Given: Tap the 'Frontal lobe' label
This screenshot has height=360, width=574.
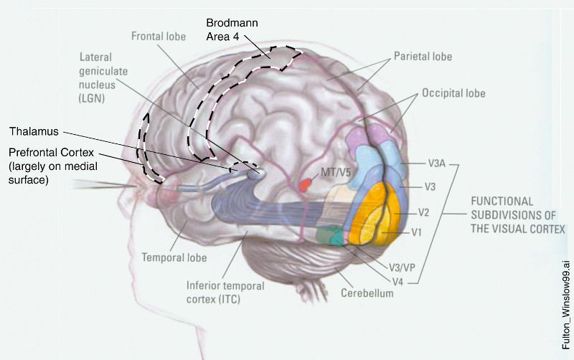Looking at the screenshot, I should pos(159,37).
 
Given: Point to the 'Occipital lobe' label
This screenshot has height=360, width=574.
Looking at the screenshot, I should pos(453,93).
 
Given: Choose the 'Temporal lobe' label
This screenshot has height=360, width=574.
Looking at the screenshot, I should pos(174,257).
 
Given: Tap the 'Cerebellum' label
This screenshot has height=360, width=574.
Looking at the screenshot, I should pos(368,293).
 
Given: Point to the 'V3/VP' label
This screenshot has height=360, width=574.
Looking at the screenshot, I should pos(403,267).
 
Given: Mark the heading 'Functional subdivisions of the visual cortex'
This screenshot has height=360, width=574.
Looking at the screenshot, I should pos(516,214).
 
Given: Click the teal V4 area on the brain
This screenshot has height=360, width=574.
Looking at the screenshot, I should pos(333,237).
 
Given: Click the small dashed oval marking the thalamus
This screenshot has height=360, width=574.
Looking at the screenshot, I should pos(243,170).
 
